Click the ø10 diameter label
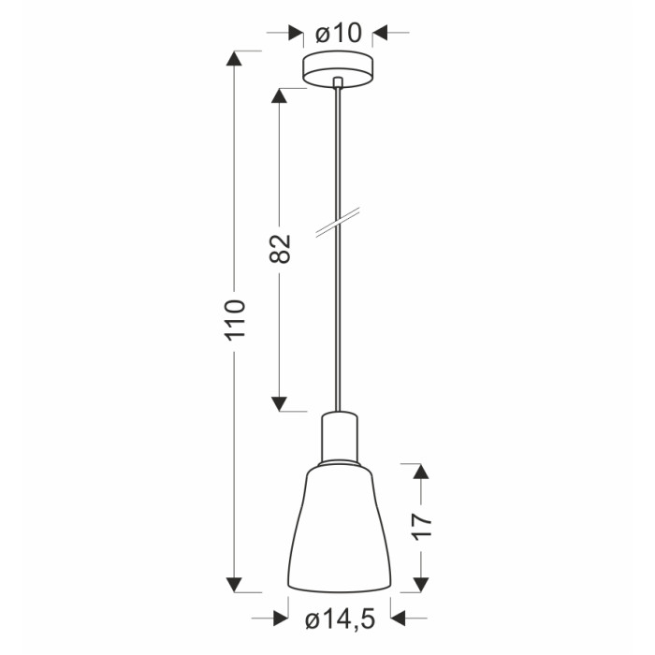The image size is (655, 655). [339, 33]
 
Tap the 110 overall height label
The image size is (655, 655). [234, 320]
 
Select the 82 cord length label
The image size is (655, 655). [280, 249]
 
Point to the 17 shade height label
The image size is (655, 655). [421, 527]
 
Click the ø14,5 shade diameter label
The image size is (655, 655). [340, 619]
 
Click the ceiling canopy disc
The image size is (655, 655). [338, 69]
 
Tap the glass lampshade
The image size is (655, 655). [339, 528]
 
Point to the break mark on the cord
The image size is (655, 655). [338, 223]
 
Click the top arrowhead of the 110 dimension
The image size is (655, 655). [234, 58]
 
